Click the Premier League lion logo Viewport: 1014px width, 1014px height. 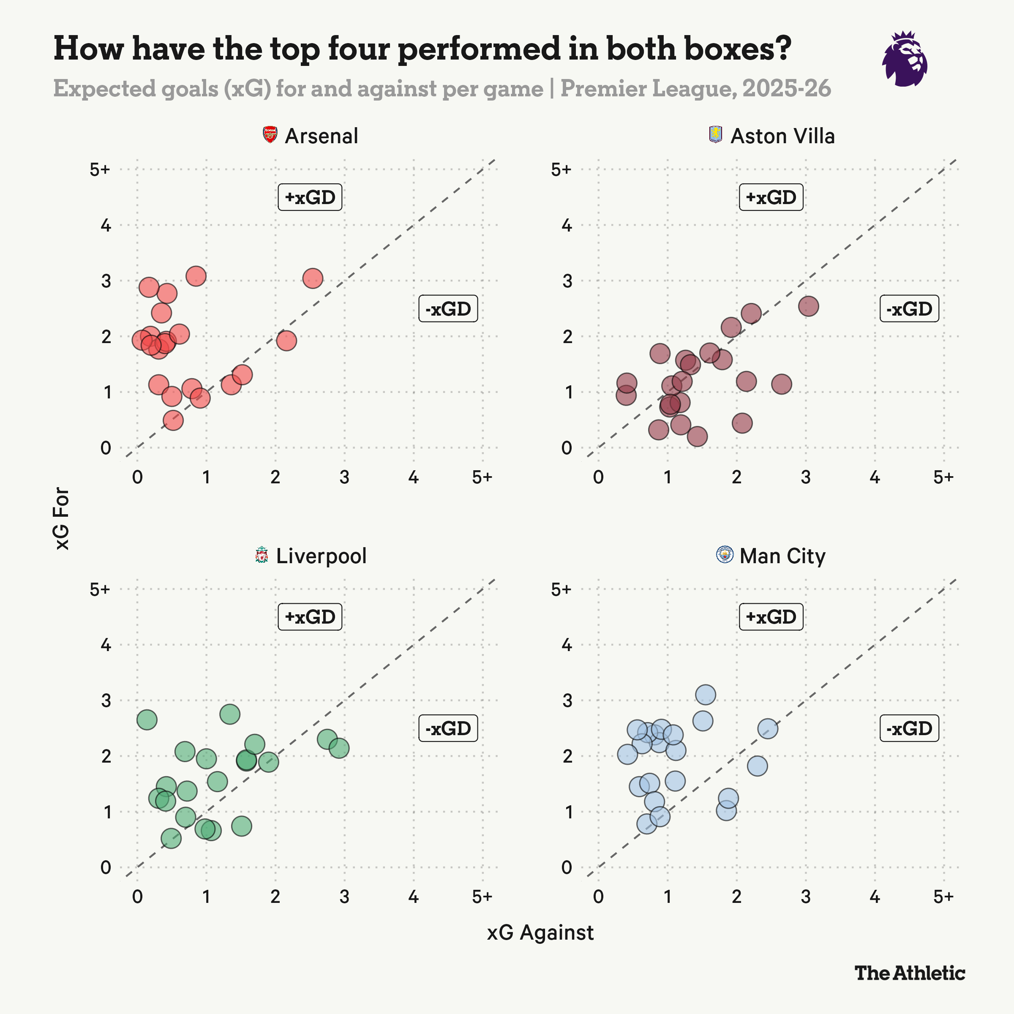(904, 59)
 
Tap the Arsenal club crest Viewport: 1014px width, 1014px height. (270, 135)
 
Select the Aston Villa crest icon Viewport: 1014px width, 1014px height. (715, 134)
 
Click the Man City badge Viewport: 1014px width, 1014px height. (725, 555)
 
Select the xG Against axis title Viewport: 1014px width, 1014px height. (540, 932)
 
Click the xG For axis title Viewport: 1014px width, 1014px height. (62, 518)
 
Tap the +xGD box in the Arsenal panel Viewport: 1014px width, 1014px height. (310, 197)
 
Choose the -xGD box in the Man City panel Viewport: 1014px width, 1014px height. (909, 728)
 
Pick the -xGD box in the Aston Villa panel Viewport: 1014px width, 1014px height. (909, 308)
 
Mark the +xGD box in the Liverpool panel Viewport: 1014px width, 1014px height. (310, 617)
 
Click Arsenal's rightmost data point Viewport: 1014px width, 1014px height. (313, 278)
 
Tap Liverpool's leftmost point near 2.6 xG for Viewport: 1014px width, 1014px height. (147, 720)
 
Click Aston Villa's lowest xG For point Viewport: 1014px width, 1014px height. (697, 436)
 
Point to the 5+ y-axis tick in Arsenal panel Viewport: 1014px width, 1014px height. (100, 169)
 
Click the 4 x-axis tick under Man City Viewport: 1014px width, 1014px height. (875, 897)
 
